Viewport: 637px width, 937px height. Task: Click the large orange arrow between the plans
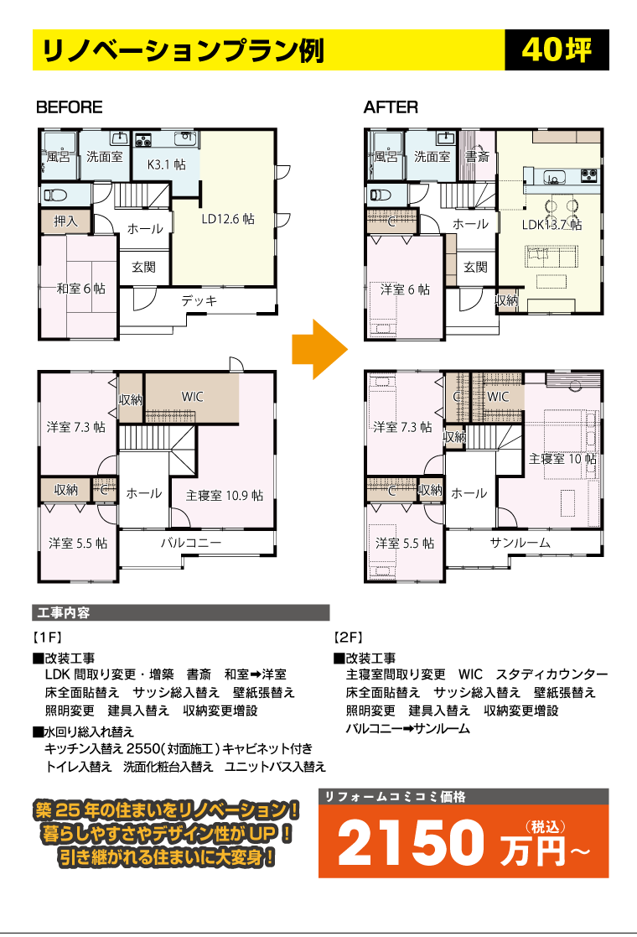[x=319, y=349]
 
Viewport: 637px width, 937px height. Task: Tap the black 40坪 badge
[x=557, y=49]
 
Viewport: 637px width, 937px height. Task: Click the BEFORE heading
[x=70, y=107]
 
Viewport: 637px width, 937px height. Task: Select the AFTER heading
[x=391, y=107]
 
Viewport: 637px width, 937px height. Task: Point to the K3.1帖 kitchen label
[x=166, y=164]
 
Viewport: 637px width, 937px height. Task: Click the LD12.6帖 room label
[x=228, y=219]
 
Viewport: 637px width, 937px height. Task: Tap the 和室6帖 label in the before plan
[x=81, y=289]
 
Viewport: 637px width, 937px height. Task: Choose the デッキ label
[x=199, y=300]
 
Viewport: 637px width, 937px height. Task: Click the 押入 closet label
[x=65, y=221]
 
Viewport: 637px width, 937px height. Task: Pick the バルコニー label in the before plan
[x=191, y=543]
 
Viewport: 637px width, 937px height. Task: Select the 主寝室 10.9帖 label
[x=225, y=496]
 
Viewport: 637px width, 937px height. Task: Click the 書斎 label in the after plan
[x=478, y=157]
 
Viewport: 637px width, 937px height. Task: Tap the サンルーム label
[x=520, y=543]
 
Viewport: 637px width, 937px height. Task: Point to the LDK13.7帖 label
[x=552, y=225]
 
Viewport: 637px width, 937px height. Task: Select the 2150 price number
[x=411, y=842]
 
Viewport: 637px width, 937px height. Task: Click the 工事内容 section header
[x=64, y=613]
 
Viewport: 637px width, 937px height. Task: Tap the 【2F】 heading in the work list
[x=349, y=638]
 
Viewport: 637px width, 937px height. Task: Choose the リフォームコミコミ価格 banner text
[x=396, y=797]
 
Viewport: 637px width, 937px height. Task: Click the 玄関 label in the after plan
[x=476, y=267]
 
